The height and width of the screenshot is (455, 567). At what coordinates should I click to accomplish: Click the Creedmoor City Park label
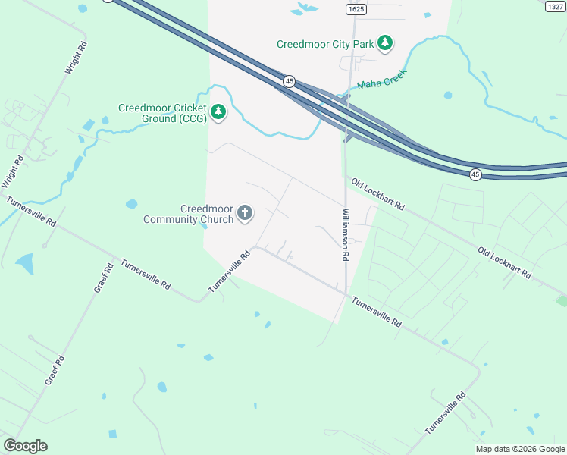[x=325, y=44]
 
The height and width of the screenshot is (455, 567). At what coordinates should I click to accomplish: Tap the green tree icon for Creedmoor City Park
[x=386, y=43]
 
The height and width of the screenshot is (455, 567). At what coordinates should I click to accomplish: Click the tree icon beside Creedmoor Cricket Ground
[x=218, y=112]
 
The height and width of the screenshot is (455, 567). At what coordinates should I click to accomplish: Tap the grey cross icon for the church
[x=245, y=213]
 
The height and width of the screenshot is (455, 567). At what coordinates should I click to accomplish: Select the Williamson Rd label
[x=345, y=235]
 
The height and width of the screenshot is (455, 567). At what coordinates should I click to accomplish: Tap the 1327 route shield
[x=556, y=6]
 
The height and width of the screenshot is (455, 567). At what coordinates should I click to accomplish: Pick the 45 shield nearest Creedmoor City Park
[x=289, y=80]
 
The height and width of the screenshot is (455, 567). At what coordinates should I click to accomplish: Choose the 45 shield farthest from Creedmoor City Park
[x=475, y=174]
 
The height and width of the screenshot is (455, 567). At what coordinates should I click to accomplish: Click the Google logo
[x=25, y=446]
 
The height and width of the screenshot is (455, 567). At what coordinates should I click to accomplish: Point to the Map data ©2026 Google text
[x=520, y=449]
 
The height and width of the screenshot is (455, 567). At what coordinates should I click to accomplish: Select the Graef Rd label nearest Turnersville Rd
[x=103, y=278]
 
